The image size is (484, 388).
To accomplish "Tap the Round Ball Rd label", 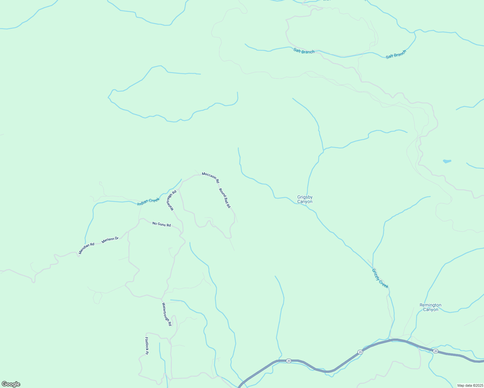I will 225,198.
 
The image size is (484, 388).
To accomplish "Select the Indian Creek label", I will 148,201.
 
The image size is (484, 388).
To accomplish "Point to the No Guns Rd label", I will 161,224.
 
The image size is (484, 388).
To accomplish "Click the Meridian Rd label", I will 86,248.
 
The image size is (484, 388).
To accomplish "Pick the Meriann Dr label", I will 110,240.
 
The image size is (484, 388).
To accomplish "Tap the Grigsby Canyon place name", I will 305,199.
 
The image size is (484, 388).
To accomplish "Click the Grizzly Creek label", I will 380,278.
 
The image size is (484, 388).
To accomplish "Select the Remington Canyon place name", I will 430,307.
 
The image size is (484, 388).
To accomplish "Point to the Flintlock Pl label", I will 146,346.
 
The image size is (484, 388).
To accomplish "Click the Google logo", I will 11,384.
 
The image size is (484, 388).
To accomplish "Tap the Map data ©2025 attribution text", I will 470,385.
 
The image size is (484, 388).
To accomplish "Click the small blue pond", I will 447,161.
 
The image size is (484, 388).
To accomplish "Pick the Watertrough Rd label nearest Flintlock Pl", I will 166,314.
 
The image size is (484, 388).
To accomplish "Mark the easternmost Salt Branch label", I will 396,54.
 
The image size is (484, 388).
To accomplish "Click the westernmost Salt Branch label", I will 304,51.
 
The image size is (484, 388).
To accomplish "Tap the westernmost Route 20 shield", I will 289,361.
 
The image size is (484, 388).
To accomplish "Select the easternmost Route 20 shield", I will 435,351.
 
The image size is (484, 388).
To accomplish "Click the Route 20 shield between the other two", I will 360,352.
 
